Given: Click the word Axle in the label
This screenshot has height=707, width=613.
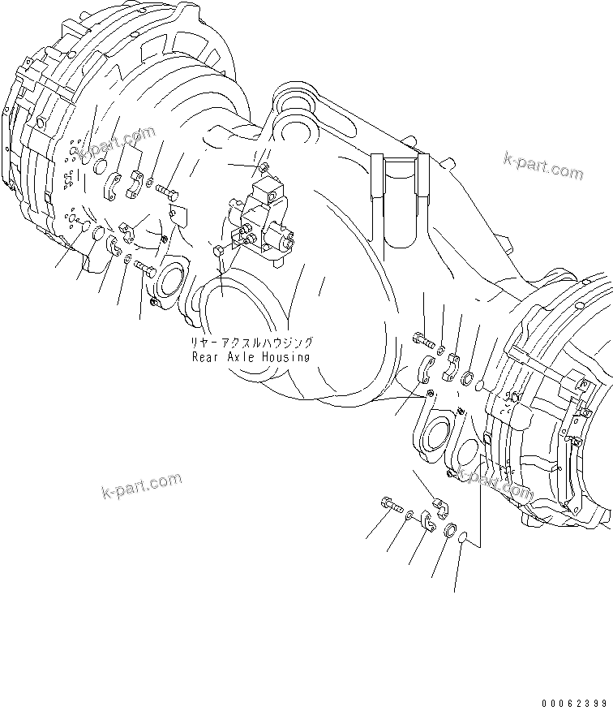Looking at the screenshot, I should (x=242, y=356).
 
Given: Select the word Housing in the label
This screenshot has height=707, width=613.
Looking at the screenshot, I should (x=286, y=356).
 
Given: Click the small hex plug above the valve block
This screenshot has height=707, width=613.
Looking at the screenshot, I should (x=264, y=168).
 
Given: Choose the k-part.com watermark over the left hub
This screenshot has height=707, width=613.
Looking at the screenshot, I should (x=118, y=143).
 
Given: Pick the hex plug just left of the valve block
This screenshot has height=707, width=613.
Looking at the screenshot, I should (x=218, y=251).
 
